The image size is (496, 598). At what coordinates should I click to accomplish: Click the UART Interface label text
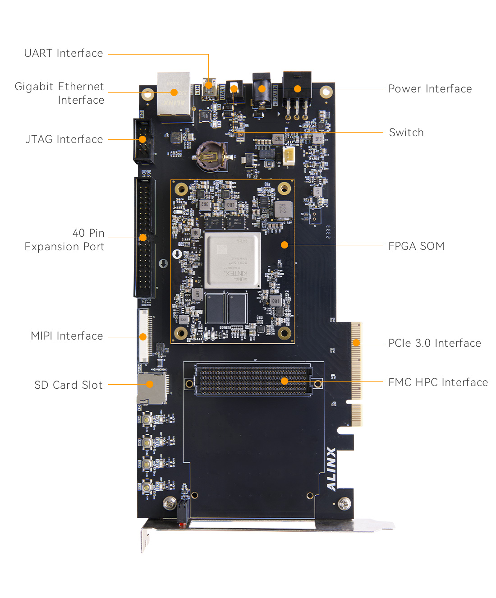coord(64,53)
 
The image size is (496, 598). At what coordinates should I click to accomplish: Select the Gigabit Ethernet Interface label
coord(60,93)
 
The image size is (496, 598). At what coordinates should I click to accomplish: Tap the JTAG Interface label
coord(64,139)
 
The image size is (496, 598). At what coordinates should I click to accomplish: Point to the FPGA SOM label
coord(416,246)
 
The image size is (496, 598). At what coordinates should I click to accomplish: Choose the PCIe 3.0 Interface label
coord(434,343)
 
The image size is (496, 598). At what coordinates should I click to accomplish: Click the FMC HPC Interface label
coord(438,382)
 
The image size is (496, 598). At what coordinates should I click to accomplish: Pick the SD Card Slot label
coord(69,385)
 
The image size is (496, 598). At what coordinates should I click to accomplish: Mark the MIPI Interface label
coord(67,336)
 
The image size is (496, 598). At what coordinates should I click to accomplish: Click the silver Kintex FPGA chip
coord(233,260)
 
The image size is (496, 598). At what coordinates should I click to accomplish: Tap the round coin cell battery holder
coord(211,156)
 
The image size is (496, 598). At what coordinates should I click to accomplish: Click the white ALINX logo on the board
coord(331,469)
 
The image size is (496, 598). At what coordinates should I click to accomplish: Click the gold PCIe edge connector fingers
coord(356,361)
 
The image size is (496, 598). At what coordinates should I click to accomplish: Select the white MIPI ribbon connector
coord(143,336)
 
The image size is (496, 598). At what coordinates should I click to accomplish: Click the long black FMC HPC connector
coord(253,381)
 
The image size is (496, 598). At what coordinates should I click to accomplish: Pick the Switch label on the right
coord(406,133)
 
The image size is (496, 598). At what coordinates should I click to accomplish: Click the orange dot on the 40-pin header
coord(143,238)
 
